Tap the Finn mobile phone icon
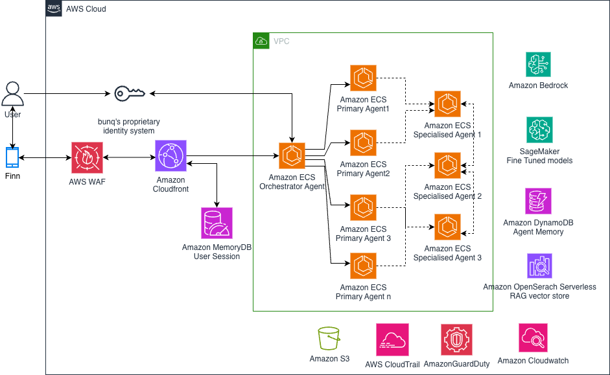12,157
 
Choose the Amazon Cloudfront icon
170,156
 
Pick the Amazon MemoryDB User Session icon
217,223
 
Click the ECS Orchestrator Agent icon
292,156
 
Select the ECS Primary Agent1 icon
363,78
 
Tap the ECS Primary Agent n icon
363,266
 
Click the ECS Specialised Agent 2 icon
447,165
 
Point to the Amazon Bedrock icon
538,65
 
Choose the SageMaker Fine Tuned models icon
539,130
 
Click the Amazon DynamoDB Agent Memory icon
538,201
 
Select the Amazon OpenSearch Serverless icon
539,266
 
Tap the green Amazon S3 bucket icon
329,339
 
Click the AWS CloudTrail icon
392,339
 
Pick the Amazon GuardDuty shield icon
456,339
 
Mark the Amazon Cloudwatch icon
533,338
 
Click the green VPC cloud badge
261,41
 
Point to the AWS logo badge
54,8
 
